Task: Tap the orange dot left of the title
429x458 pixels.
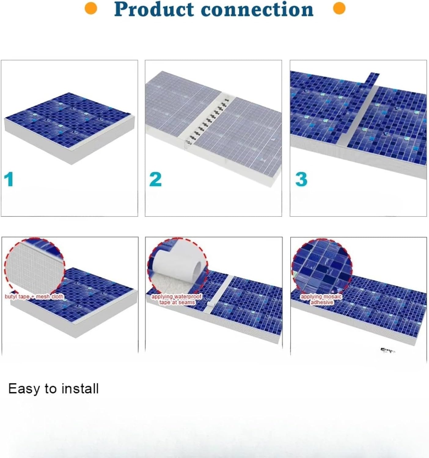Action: pyautogui.click(x=91, y=9)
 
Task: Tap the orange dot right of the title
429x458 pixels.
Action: pyautogui.click(x=339, y=9)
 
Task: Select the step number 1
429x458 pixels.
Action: pyautogui.click(x=9, y=179)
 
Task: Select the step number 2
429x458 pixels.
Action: pyautogui.click(x=155, y=179)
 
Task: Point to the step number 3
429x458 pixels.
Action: pyautogui.click(x=301, y=179)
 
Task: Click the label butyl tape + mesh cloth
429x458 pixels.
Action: pyautogui.click(x=34, y=296)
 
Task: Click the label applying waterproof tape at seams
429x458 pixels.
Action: pyautogui.click(x=177, y=299)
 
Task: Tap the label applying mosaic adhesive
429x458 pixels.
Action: pyautogui.click(x=321, y=299)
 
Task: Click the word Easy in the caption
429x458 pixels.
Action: pyautogui.click(x=24, y=389)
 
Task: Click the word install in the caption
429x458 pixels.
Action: pyautogui.click(x=80, y=389)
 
